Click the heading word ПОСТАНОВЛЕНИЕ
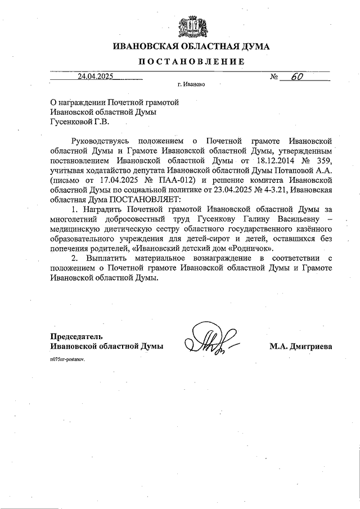coord(191,62)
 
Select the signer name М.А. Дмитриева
coord(300,346)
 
